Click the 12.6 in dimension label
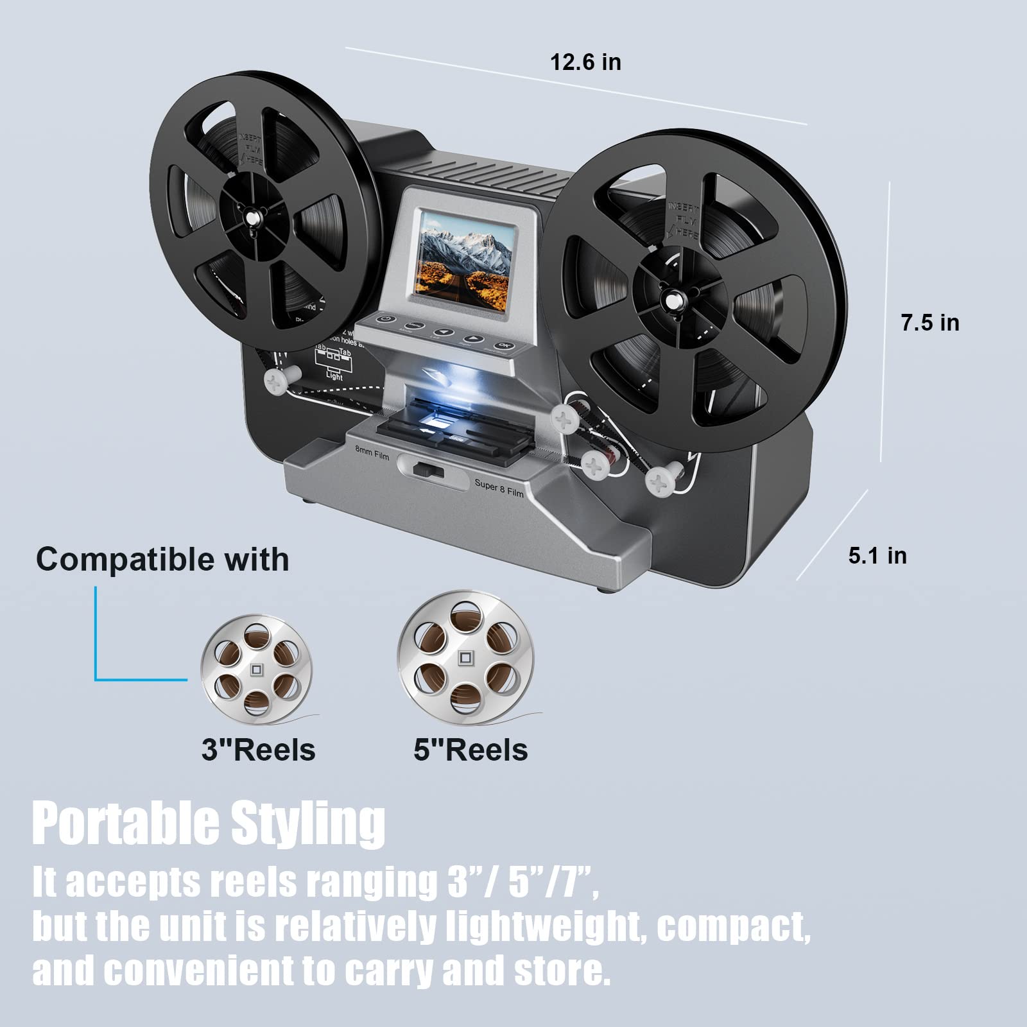coord(585,62)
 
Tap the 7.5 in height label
coord(929,322)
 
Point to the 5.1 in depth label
coord(877,555)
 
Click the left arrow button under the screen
coord(447,333)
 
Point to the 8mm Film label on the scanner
coord(372,453)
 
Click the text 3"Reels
coord(258,750)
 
